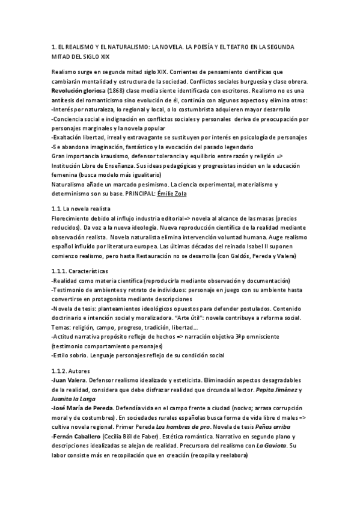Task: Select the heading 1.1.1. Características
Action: pos(80,272)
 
